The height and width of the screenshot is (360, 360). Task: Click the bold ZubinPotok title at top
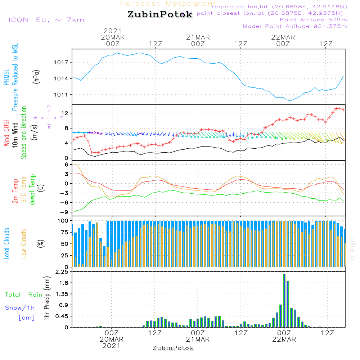[160, 15]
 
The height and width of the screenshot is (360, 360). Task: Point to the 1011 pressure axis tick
[64, 95]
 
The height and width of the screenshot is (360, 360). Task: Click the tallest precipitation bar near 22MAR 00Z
[284, 301]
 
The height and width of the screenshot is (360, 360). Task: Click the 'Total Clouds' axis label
[6, 244]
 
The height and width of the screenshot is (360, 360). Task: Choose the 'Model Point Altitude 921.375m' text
[294, 26]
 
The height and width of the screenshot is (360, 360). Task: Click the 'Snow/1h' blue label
[20, 308]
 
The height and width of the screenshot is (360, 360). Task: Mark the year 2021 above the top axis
[113, 31]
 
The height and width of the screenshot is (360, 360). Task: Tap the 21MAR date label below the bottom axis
[198, 339]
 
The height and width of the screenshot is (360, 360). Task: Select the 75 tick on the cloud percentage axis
[65, 232]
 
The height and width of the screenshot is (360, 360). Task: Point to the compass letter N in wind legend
[49, 107]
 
